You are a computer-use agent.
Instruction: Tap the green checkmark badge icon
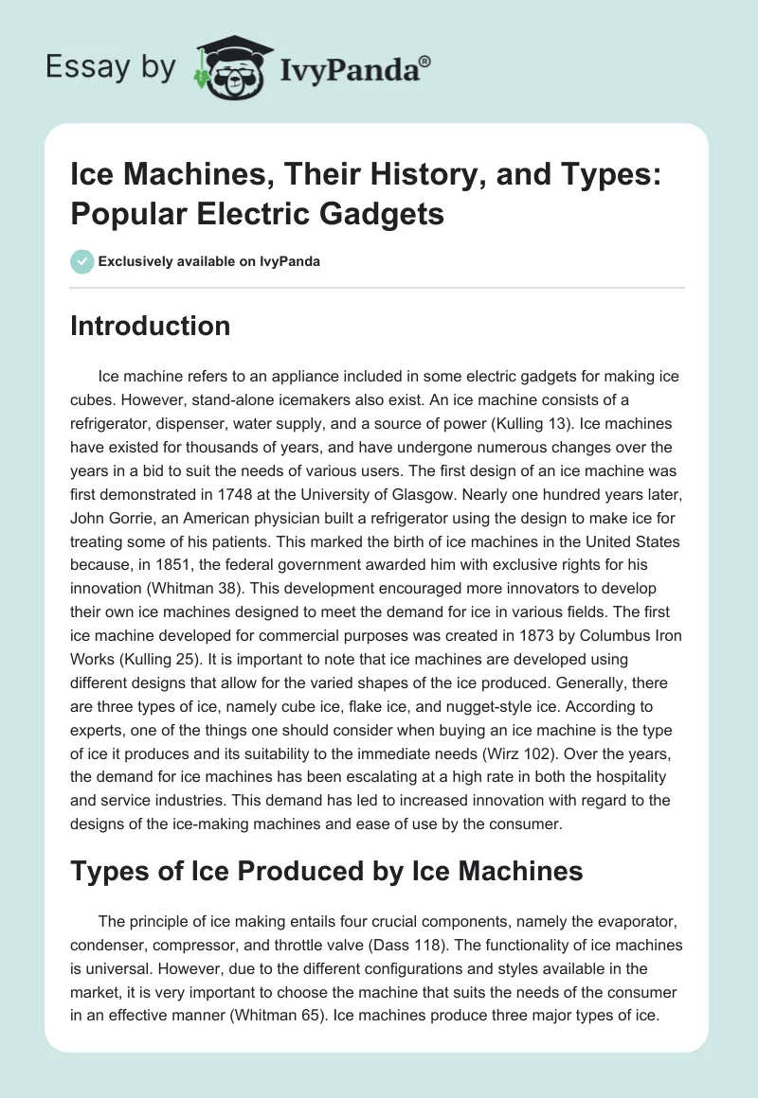click(x=82, y=261)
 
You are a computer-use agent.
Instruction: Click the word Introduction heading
click(x=150, y=327)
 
